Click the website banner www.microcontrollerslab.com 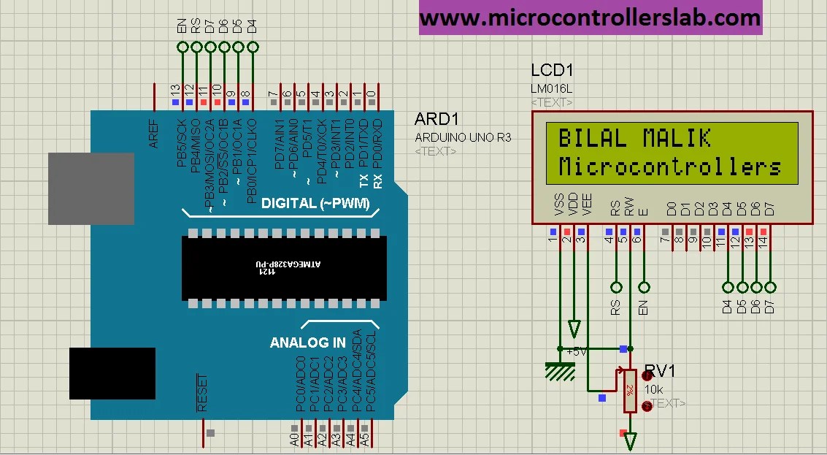590,18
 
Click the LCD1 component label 552,71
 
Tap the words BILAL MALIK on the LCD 634,138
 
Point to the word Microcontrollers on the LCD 669,167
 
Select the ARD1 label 436,120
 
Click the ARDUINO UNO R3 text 463,137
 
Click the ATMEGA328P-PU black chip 284,267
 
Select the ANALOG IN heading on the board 307,343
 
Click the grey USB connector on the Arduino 91,189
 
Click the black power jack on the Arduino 112,373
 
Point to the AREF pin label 154,133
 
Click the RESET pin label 202,393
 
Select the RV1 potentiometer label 661,372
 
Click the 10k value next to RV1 653,389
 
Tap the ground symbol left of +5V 560,370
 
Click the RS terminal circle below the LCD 616,287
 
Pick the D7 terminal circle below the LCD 770,287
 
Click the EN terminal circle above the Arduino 182,47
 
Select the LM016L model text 552,88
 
